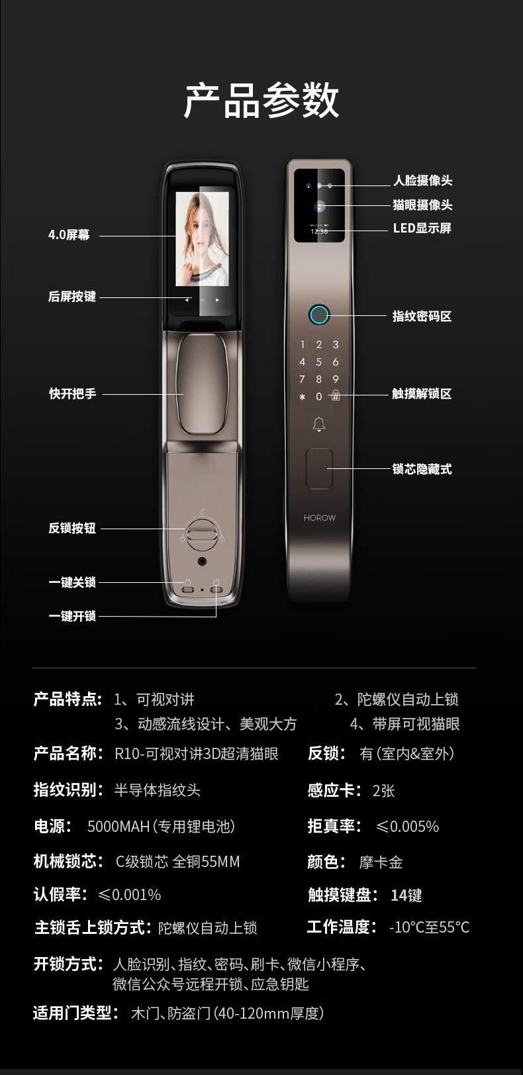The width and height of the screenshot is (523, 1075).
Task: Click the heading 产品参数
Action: (261, 100)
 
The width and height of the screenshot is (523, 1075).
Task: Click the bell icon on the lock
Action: (319, 425)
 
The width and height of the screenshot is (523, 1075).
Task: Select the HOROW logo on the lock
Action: (320, 518)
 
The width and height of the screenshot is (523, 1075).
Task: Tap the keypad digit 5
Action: (318, 362)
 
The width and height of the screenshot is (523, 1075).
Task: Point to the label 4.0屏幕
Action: (69, 234)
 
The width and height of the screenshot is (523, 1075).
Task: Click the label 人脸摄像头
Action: (423, 180)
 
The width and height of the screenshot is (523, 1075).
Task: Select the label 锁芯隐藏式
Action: (422, 469)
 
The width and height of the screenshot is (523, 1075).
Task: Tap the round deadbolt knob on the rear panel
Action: (202, 534)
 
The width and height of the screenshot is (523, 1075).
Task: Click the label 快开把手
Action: (72, 393)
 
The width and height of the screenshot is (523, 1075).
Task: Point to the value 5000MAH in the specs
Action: (119, 827)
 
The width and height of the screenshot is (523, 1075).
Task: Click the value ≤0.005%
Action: (407, 827)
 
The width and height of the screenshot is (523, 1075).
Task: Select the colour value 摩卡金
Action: (381, 862)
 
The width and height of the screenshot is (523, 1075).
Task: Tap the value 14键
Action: (406, 895)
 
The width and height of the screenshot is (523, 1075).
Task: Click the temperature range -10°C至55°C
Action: (430, 927)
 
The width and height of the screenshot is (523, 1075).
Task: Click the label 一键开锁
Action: (72, 616)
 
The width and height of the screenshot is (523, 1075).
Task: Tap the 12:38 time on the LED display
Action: (319, 231)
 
